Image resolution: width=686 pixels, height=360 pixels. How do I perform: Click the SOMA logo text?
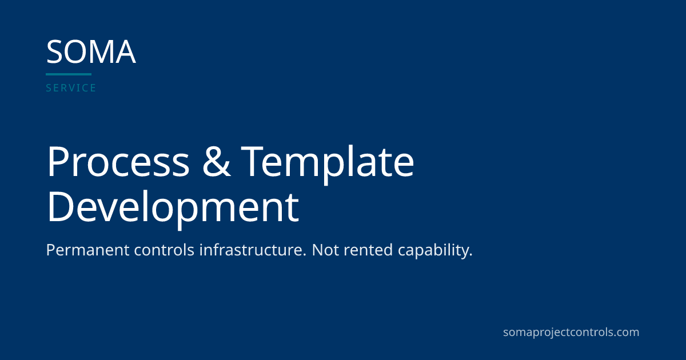click(91, 52)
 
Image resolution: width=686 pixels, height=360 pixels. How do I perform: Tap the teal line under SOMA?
click(69, 74)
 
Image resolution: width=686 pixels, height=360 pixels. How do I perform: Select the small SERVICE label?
click(71, 88)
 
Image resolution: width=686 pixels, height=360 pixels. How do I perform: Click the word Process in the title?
click(118, 161)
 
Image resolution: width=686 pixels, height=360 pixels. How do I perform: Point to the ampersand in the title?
click(217, 161)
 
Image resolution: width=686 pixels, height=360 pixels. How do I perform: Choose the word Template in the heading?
click(328, 165)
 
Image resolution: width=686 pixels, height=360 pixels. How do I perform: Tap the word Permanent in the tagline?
click(88, 250)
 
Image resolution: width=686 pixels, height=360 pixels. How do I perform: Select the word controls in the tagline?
click(164, 250)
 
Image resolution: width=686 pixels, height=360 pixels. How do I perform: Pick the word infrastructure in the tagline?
click(253, 250)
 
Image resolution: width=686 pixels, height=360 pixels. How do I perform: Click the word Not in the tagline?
click(325, 250)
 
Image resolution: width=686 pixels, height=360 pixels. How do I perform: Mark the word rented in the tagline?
click(368, 250)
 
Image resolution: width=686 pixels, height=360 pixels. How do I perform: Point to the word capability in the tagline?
click(435, 251)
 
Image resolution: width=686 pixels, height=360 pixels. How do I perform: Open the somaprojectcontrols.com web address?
click(571, 333)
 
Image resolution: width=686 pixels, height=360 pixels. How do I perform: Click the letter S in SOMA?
click(54, 52)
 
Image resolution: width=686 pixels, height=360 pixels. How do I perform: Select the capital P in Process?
click(58, 161)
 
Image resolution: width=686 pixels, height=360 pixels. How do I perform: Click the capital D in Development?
click(60, 206)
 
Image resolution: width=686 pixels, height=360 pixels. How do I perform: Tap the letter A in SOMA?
click(126, 52)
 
